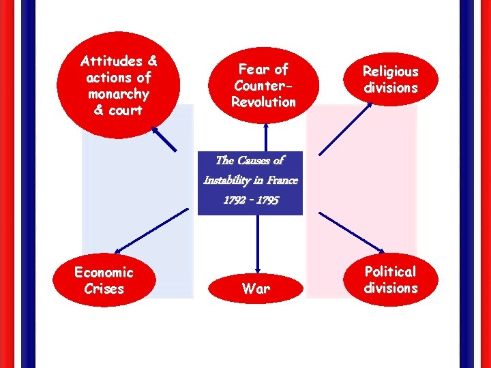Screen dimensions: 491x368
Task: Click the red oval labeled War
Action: coord(256,288)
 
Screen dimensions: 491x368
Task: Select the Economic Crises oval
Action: coord(104,281)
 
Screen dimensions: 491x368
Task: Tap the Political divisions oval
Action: coord(390,279)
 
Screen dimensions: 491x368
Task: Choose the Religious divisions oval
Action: coord(390,80)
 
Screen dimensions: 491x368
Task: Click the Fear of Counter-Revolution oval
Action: coord(263,86)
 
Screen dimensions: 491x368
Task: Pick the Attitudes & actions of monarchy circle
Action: coord(119,86)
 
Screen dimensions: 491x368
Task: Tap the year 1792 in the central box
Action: coord(234,201)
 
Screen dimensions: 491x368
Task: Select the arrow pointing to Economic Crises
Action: coord(151,230)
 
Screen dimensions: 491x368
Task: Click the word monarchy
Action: coord(118,94)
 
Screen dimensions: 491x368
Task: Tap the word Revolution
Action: coord(263,102)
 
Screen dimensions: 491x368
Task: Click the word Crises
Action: coord(104,289)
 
